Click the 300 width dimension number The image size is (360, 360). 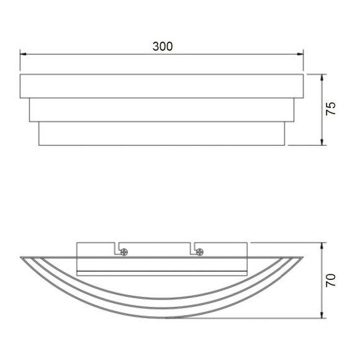click(x=162, y=47)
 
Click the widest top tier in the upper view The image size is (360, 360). click(x=161, y=86)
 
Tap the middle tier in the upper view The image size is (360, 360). click(x=161, y=110)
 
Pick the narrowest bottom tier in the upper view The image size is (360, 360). click(x=161, y=133)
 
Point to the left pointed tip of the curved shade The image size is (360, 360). click(x=22, y=257)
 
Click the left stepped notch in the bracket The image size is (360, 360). click(x=116, y=248)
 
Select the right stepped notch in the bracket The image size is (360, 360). click(x=194, y=248)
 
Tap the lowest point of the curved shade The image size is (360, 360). click(x=163, y=317)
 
